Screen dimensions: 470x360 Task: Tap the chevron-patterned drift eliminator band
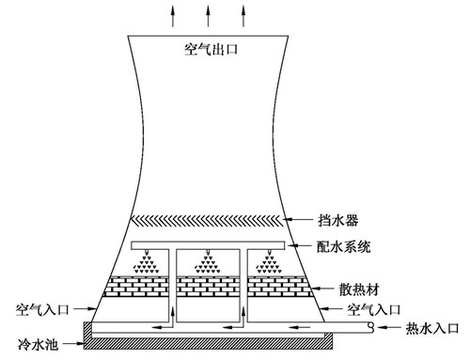(207, 221)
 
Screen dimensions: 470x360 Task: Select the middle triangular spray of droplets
(207, 266)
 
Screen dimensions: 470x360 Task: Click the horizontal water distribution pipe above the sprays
(207, 246)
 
